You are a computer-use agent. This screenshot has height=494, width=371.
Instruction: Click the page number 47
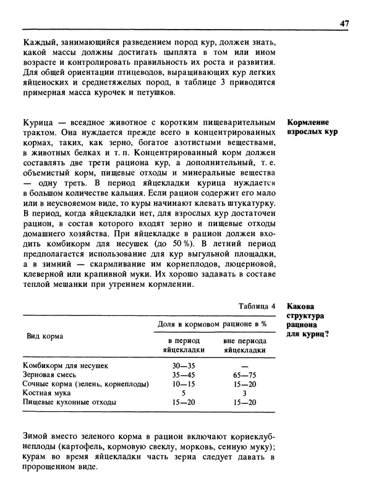click(x=345, y=23)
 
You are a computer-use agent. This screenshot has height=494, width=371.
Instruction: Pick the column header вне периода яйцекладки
click(x=244, y=345)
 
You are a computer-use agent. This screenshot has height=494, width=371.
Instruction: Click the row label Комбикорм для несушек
click(x=66, y=365)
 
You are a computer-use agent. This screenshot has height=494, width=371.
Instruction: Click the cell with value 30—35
click(x=179, y=365)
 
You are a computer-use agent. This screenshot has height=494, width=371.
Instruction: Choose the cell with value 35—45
click(x=179, y=375)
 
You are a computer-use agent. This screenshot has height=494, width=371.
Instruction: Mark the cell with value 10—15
click(x=179, y=384)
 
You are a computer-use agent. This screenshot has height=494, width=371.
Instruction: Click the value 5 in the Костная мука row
click(x=179, y=393)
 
